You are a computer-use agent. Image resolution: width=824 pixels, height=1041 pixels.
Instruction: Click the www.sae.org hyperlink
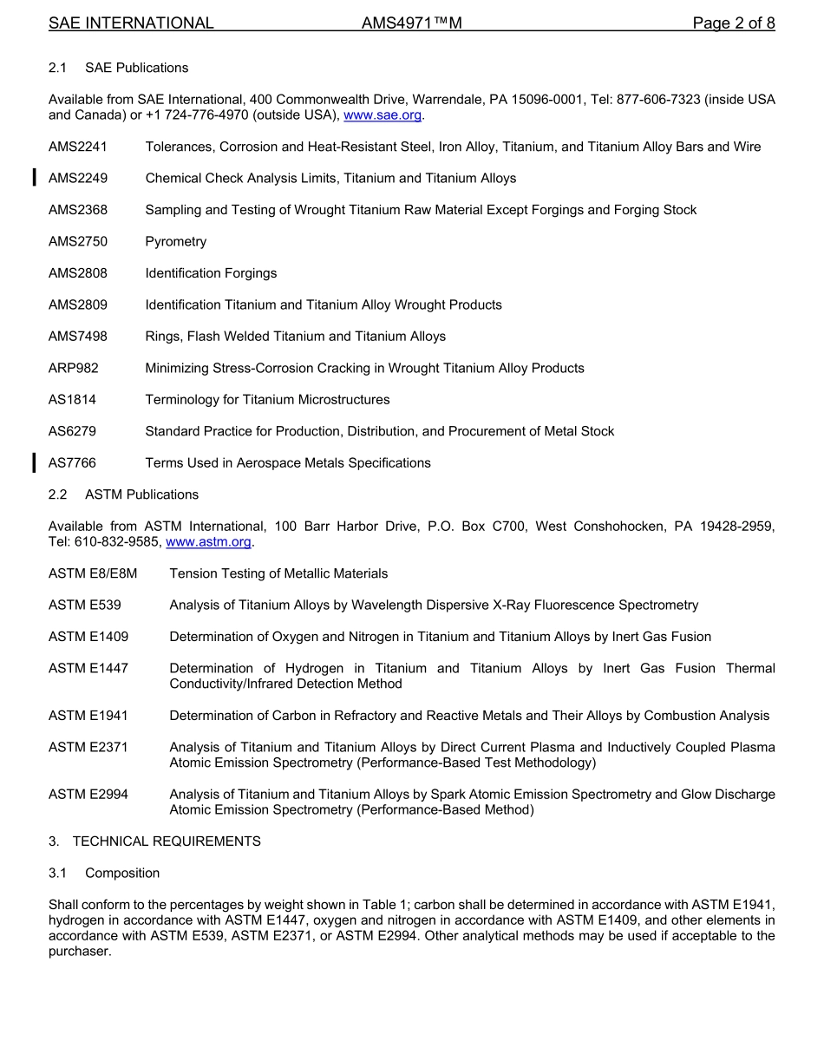coord(382,115)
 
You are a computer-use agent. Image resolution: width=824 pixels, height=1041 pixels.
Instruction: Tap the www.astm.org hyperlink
coord(208,542)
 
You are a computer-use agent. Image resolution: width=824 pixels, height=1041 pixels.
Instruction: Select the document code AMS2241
coord(78,147)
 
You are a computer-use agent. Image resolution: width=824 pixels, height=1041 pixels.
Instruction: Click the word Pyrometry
coord(176,242)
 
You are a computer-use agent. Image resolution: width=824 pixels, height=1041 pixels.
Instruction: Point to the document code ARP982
coord(74,368)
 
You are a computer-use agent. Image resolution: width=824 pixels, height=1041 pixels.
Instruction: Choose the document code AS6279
coord(72,431)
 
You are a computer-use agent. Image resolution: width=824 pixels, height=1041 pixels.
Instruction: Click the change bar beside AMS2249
coord(34,179)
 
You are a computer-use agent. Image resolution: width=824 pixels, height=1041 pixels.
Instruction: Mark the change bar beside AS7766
coord(34,462)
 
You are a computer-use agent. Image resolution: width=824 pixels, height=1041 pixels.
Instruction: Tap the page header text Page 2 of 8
coord(734,23)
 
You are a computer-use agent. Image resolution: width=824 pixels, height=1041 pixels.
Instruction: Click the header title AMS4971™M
coord(411,23)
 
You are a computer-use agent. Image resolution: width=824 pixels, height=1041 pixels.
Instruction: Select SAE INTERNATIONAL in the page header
coord(131,23)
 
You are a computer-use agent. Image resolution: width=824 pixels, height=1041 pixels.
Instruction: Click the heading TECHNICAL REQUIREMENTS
coord(167,841)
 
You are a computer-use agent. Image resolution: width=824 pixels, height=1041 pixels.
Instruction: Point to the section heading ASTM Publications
coord(141,494)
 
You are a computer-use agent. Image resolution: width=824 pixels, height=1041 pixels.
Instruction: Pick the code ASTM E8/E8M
coord(93,573)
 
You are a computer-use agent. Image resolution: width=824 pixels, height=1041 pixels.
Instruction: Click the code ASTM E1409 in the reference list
coord(88,637)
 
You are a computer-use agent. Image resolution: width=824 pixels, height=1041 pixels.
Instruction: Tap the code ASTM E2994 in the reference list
coord(88,795)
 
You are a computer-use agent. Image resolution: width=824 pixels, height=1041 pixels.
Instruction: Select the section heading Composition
coord(122,873)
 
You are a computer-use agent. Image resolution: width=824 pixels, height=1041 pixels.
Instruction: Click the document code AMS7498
coord(78,337)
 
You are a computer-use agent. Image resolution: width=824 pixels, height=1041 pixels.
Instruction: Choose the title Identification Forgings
coord(211,273)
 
